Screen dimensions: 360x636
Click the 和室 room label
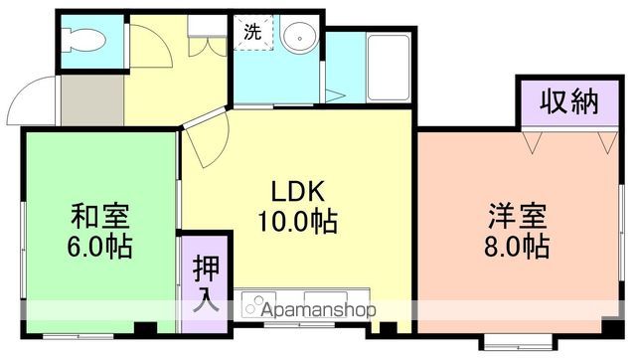pos(100,215)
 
